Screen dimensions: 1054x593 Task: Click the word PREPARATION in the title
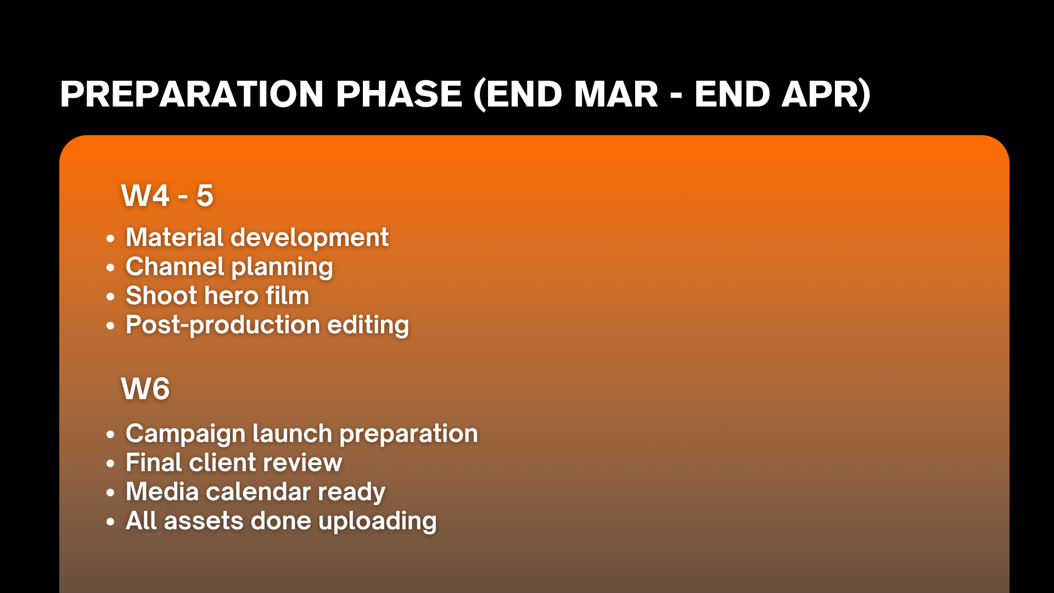click(x=192, y=94)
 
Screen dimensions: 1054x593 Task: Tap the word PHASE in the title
click(x=399, y=94)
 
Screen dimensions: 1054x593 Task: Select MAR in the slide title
click(x=616, y=94)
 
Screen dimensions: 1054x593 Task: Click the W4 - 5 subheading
click(x=167, y=195)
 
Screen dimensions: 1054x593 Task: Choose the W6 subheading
click(x=145, y=389)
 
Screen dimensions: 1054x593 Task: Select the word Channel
click(x=175, y=266)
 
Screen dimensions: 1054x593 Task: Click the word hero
click(x=231, y=295)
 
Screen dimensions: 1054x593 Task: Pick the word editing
click(x=368, y=326)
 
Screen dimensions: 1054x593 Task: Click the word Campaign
click(x=185, y=434)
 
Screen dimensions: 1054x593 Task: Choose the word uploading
click(x=377, y=522)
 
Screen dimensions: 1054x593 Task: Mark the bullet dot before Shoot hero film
click(x=111, y=297)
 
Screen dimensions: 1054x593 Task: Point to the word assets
click(x=203, y=521)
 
